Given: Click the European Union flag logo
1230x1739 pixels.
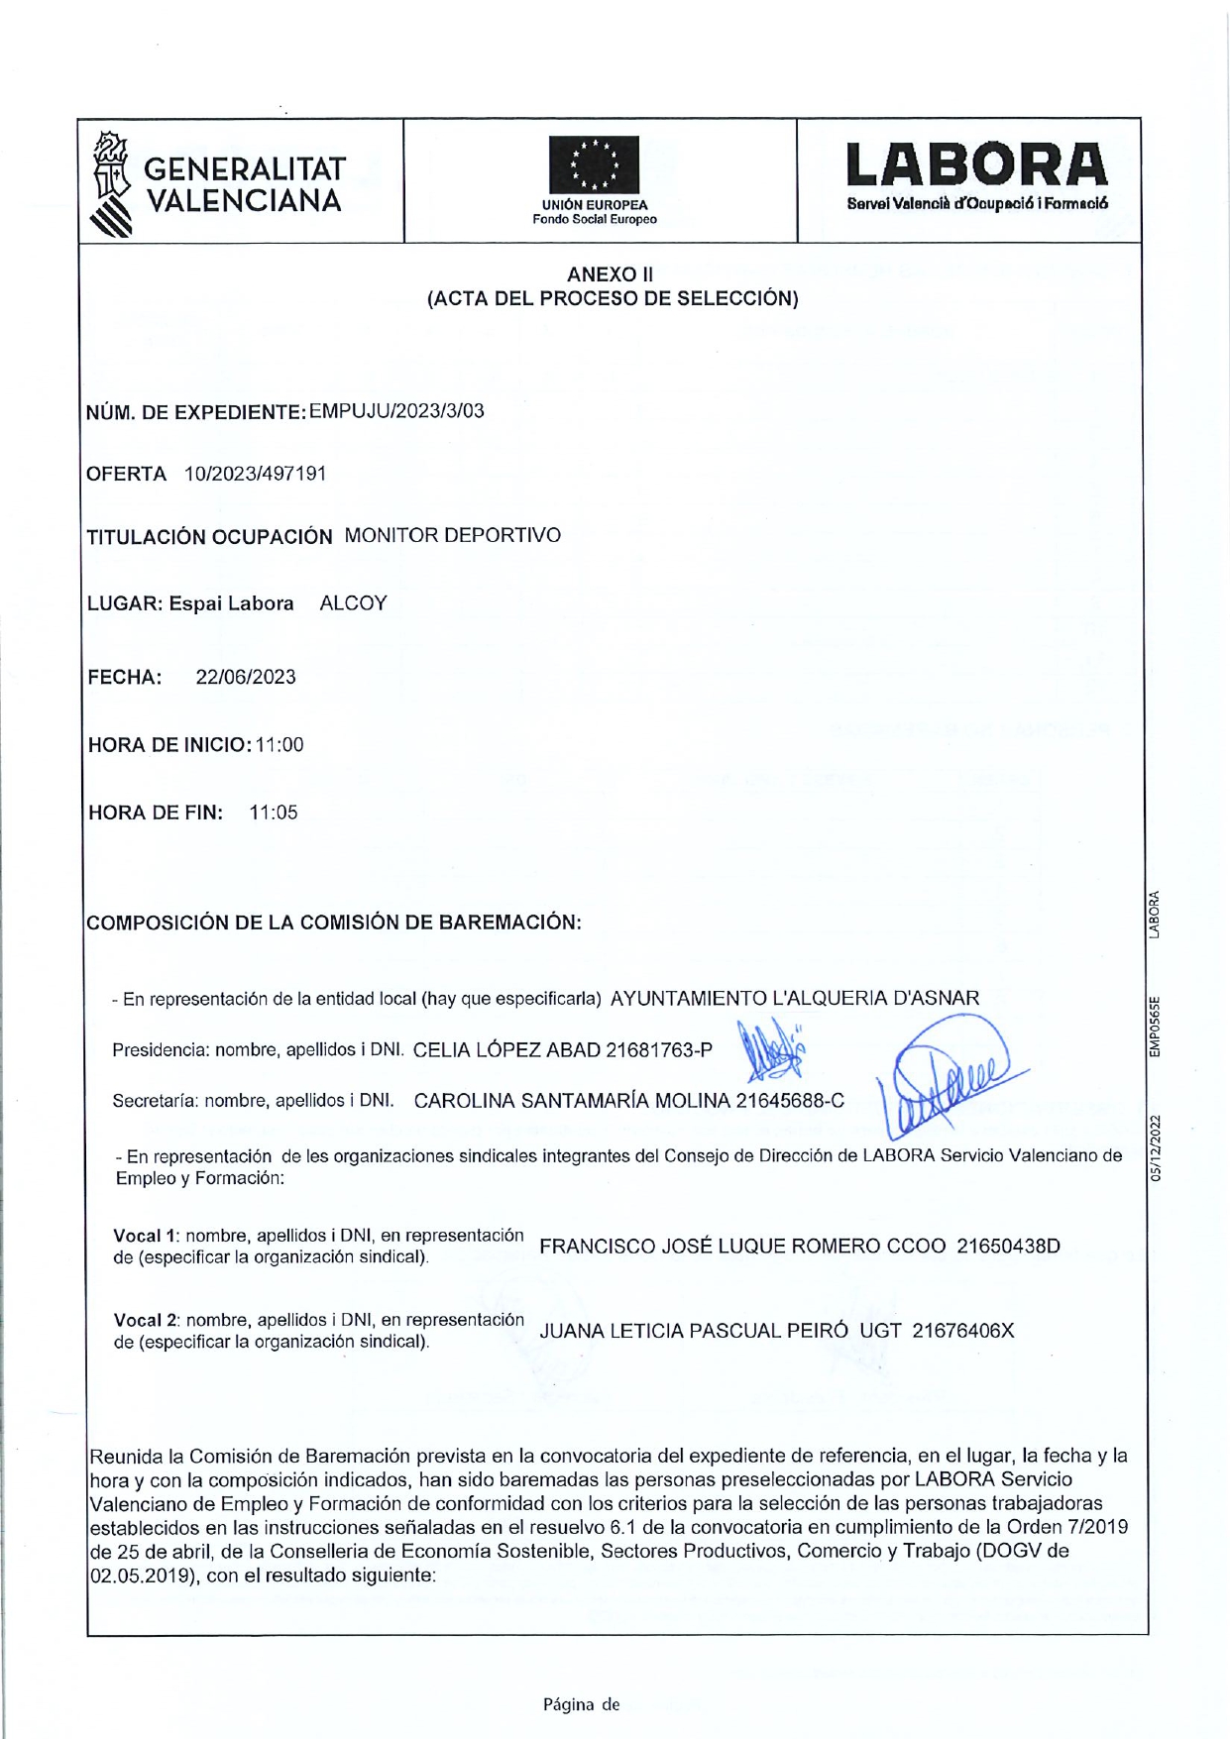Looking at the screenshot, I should pyautogui.click(x=594, y=165).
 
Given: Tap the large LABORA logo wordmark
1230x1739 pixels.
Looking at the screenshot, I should pyautogui.click(x=976, y=165).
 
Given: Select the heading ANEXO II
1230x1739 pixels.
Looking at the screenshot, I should pyautogui.click(x=610, y=274).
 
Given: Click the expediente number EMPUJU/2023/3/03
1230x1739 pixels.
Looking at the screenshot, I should pyautogui.click(x=396, y=411).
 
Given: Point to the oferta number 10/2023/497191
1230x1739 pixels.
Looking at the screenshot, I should pyautogui.click(x=256, y=474).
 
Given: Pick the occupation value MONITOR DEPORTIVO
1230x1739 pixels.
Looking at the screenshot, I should pyautogui.click(x=452, y=536).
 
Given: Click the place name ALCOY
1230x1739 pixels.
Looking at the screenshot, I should pyautogui.click(x=353, y=603).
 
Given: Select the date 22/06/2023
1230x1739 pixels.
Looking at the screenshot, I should pyautogui.click(x=246, y=677).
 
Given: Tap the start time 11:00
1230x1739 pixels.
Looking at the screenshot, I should pyautogui.click(x=280, y=745).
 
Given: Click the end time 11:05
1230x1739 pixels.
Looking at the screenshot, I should pyautogui.click(x=274, y=813).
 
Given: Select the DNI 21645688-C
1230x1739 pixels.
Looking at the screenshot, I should pyautogui.click(x=790, y=1101).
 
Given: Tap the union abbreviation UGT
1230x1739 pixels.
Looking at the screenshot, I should pyautogui.click(x=880, y=1331).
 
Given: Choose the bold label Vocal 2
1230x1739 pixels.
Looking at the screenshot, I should pyautogui.click(x=145, y=1321).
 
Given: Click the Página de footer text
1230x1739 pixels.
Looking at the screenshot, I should pyautogui.click(x=581, y=1704).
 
